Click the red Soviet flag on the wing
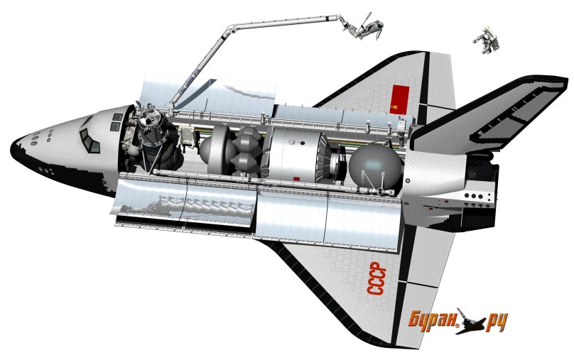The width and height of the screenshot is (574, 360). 400,99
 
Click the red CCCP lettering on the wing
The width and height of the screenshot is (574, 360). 377,279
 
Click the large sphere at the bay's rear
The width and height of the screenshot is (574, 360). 375,165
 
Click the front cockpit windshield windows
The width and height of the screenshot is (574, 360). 89,140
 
